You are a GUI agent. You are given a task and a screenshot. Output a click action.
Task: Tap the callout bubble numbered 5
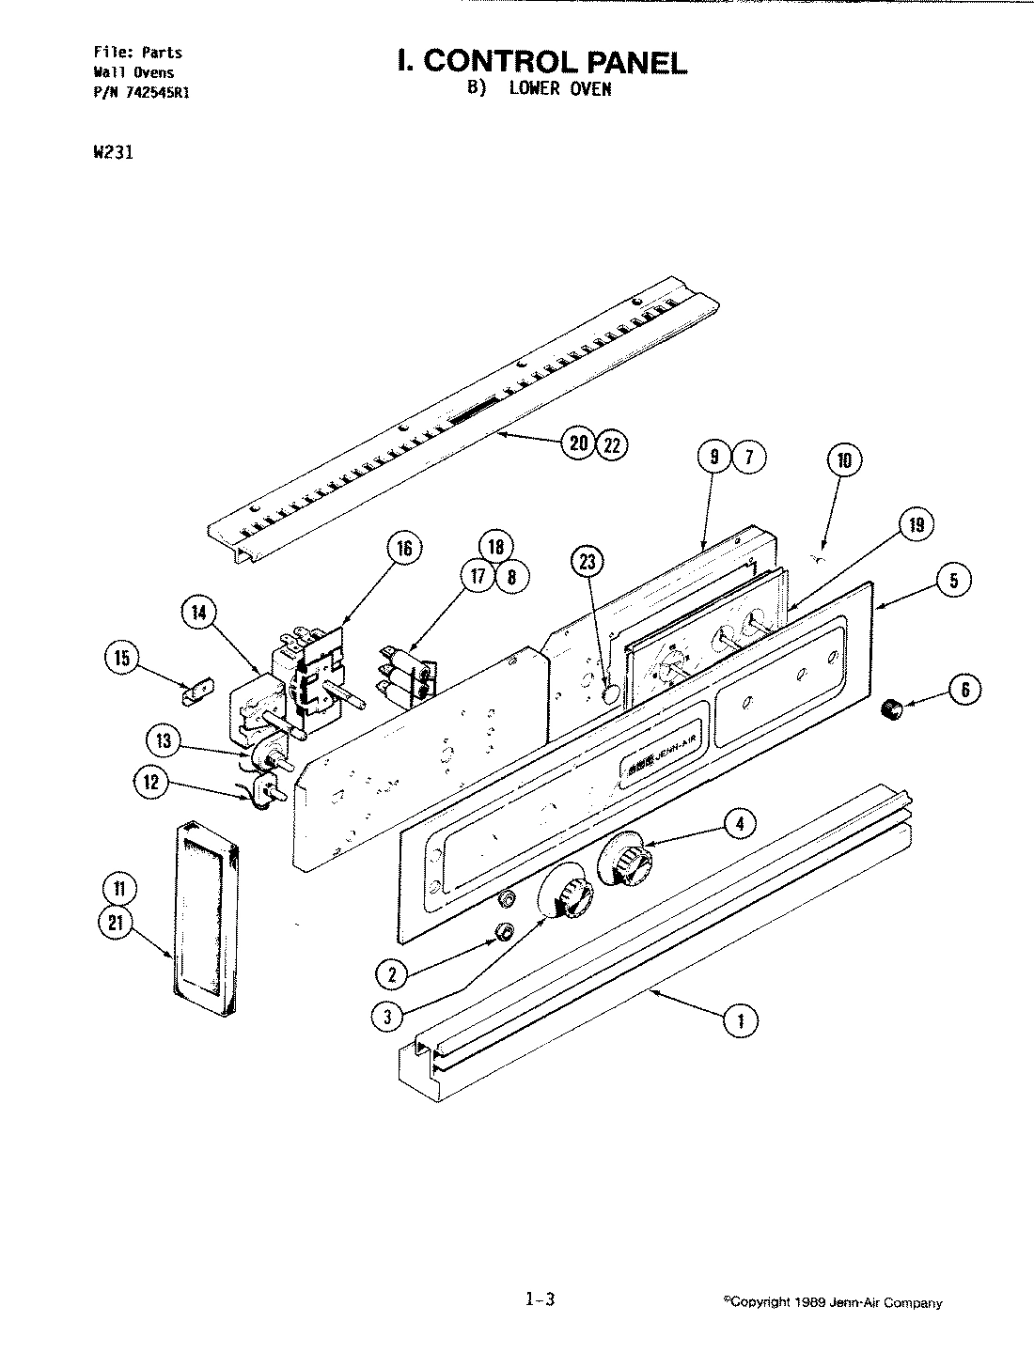[953, 581]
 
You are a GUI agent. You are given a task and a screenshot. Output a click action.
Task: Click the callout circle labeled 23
[587, 563]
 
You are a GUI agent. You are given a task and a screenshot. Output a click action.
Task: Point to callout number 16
[403, 549]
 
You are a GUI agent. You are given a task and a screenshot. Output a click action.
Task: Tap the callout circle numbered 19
[916, 525]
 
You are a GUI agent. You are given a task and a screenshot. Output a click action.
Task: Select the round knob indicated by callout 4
[624, 858]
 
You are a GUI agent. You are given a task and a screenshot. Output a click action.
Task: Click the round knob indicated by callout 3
[565, 898]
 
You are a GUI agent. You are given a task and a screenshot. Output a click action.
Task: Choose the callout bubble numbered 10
[844, 460]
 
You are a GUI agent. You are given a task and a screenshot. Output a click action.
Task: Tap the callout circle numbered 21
[116, 924]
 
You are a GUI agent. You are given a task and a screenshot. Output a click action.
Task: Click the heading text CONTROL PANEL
[541, 62]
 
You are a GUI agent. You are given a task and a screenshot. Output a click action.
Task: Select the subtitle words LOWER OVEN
[560, 89]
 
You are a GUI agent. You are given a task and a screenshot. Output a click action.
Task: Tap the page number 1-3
[540, 1301]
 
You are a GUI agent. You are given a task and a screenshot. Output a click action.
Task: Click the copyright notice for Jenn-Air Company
[832, 1303]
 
